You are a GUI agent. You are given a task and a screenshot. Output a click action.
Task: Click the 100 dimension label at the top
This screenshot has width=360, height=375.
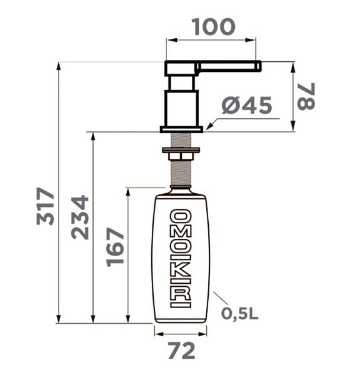(x=214, y=27)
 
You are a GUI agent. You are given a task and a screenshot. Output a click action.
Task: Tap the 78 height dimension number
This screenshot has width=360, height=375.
(x=306, y=96)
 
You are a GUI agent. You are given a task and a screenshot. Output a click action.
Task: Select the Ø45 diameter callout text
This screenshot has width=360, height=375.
(x=247, y=105)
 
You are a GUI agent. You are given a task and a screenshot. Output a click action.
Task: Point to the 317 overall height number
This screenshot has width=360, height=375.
(x=45, y=206)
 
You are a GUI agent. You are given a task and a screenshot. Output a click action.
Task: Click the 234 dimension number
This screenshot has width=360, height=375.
(x=80, y=217)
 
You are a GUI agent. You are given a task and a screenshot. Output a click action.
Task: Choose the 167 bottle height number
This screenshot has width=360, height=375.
(x=115, y=247)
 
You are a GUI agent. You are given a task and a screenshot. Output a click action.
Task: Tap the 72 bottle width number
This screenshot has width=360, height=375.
(x=182, y=351)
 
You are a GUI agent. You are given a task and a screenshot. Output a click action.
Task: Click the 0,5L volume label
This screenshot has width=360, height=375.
(x=239, y=313)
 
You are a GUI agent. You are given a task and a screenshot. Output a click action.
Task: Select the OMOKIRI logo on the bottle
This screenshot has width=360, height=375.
(x=181, y=258)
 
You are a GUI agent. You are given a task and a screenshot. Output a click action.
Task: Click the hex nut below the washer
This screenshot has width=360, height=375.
(x=181, y=156)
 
